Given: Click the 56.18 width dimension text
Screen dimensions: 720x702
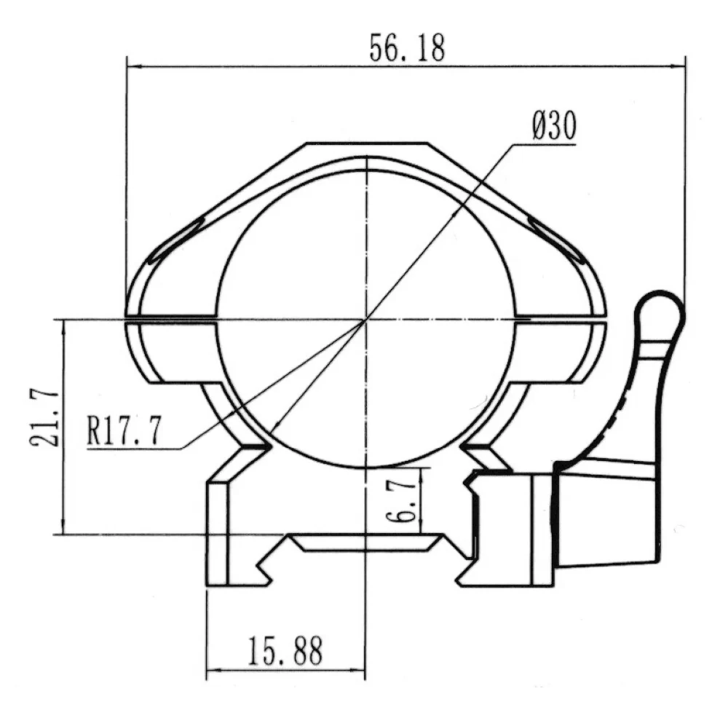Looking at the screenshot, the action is point(407,48).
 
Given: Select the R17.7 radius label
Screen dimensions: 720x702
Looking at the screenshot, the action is point(124,430).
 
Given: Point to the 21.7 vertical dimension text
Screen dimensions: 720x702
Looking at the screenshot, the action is point(44,419).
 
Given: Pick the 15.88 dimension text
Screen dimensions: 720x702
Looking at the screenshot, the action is point(285,651).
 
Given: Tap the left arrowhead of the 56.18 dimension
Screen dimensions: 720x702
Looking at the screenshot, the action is point(134,66).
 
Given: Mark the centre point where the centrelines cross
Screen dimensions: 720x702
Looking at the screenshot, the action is point(366,319).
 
